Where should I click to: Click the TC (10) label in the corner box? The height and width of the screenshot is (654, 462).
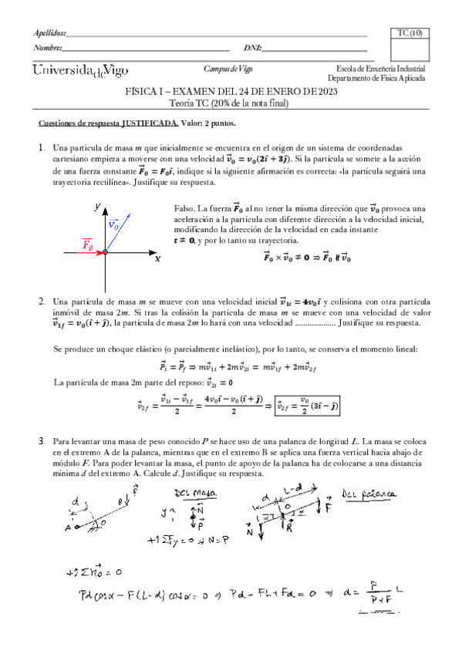click(410, 33)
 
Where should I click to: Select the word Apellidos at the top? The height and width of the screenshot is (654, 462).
click(51, 33)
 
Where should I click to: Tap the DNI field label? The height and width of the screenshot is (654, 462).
click(252, 48)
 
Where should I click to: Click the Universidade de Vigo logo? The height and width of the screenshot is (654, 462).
click(80, 71)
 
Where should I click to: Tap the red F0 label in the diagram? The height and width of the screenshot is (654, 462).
click(88, 246)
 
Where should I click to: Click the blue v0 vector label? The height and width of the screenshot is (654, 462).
click(113, 224)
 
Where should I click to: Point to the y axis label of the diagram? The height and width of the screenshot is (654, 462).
click(96, 207)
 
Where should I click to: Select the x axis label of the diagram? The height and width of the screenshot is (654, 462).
click(157, 260)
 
